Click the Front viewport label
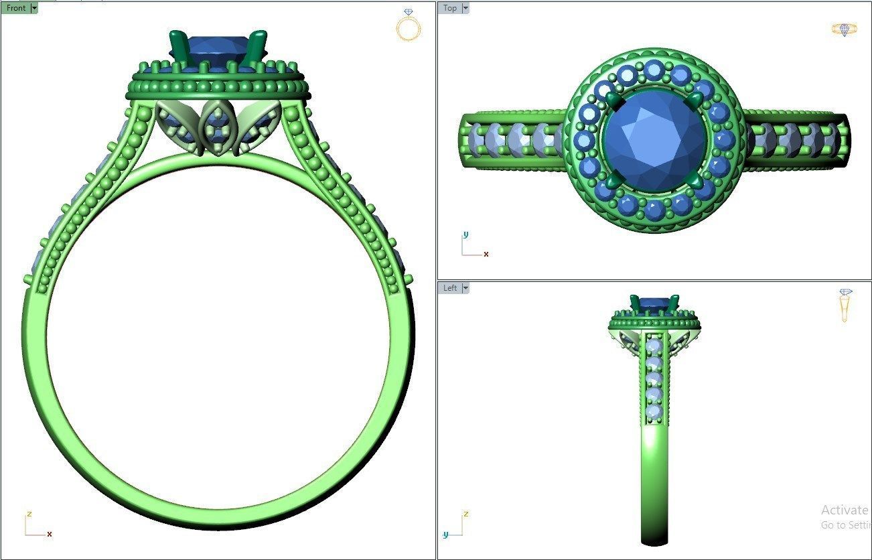point(15,8)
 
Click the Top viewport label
point(450,8)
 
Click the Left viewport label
point(450,288)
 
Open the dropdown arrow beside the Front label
point(34,8)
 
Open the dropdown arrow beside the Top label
point(465,8)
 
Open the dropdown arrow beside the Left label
point(465,288)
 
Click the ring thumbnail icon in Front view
point(408,25)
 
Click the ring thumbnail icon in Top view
point(844,29)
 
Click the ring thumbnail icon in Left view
point(845,305)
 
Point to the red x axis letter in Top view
point(486,255)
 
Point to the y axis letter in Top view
point(465,234)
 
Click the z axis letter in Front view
point(29,514)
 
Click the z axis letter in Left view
point(465,514)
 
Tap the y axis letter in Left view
point(445,535)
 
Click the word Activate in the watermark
point(844,510)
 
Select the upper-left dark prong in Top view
point(614,101)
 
